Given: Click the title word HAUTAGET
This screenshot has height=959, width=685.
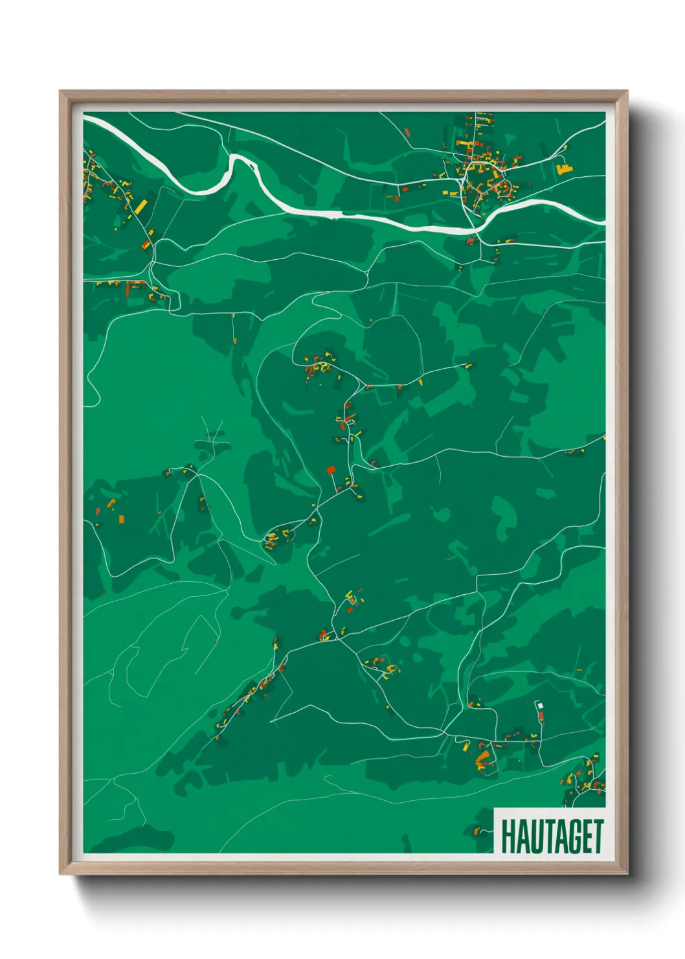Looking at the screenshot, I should (552, 837).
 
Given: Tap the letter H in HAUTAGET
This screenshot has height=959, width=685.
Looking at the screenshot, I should (507, 837).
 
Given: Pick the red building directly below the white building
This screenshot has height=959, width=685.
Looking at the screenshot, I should (541, 715).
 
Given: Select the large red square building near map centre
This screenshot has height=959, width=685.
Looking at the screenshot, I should (331, 470).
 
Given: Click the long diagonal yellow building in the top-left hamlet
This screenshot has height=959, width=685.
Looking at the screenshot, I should (140, 207).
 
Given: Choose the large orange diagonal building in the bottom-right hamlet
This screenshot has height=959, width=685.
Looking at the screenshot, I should (482, 758).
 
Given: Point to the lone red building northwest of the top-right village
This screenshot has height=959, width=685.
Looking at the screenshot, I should (407, 133).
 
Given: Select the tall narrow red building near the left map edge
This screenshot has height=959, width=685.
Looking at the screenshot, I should (128, 290).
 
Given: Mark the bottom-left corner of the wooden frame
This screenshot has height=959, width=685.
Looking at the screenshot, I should (60, 873).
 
